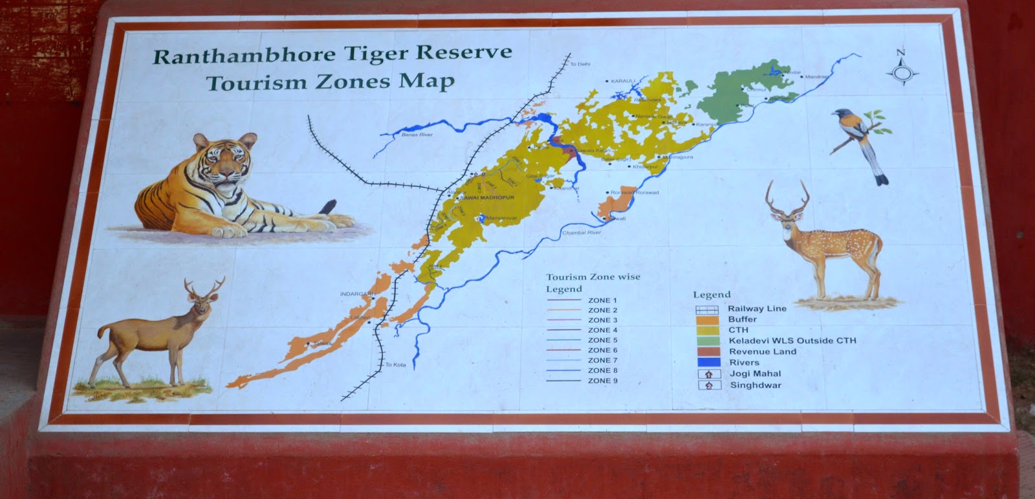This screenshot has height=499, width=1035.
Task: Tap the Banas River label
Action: [417, 135]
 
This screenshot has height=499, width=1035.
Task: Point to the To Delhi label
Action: [580, 65]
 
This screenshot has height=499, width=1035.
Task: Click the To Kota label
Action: [395, 365]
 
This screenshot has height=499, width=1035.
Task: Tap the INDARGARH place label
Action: [358, 294]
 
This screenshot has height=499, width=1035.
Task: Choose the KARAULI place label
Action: [624, 81]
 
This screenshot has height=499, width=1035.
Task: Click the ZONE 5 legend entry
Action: [602, 340]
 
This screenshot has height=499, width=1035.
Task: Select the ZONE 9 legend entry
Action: [602, 381]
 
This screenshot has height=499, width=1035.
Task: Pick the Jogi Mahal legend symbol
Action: [708, 373]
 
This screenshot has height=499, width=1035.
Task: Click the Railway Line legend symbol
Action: [707, 309]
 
